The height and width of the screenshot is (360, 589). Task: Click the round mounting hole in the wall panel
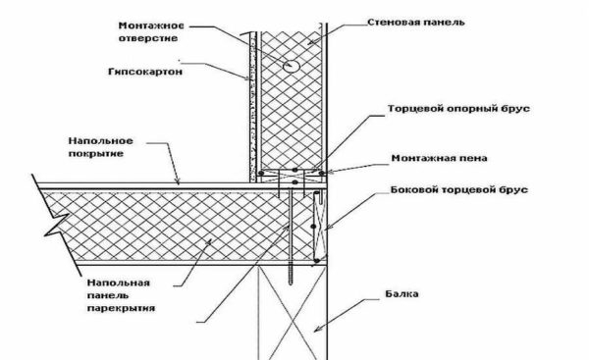click(x=291, y=66)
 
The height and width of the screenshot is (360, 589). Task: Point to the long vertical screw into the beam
click(x=292, y=235)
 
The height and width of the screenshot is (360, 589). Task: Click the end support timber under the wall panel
click(x=294, y=177)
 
